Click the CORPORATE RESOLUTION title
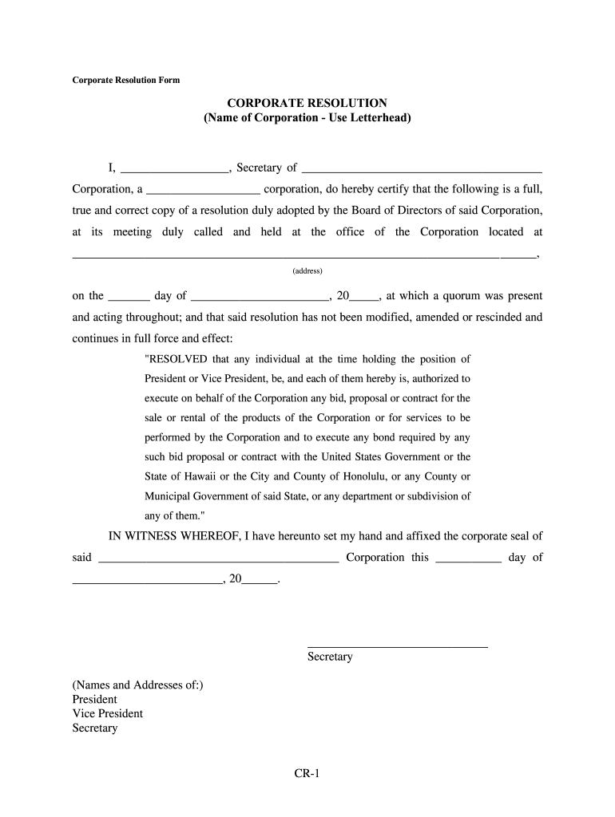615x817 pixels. [x=307, y=104]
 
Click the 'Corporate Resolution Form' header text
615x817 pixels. [x=126, y=81]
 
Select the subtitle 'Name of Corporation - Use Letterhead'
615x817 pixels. [x=307, y=119]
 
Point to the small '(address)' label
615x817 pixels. [x=307, y=271]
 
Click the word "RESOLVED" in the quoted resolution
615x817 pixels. [x=175, y=358]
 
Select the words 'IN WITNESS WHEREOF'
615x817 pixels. [x=173, y=536]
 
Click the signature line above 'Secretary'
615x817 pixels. [x=397, y=645]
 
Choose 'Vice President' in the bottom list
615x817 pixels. [x=108, y=713]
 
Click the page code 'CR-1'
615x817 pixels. [x=307, y=773]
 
